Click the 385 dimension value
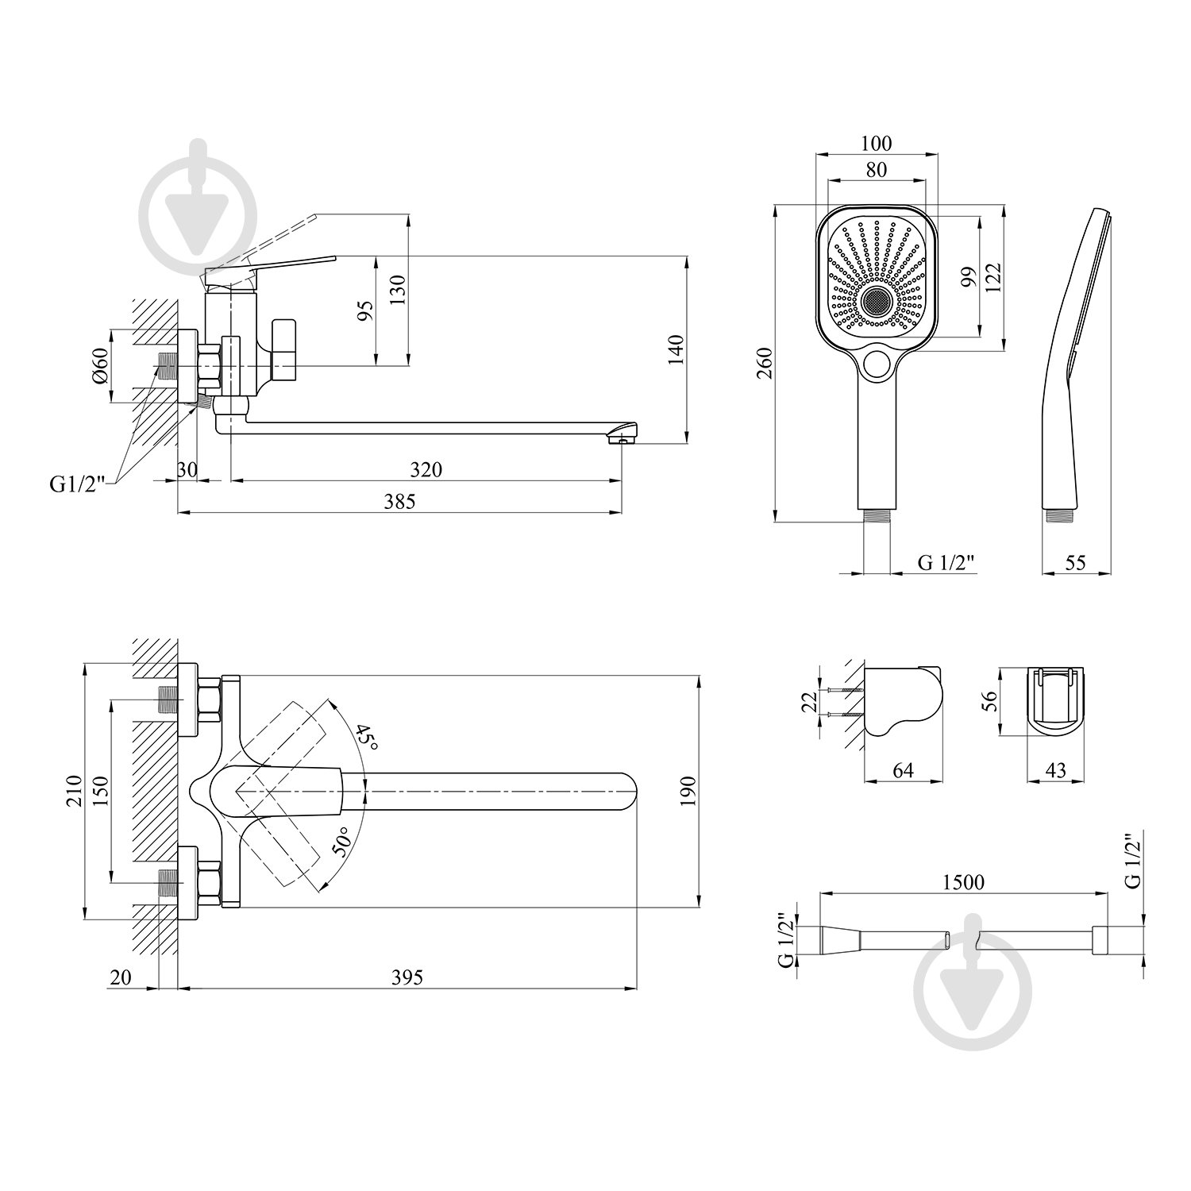coord(399,501)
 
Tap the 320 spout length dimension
coord(426,469)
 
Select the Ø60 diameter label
coord(98,367)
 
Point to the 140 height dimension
coord(675,350)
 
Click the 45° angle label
coord(364,738)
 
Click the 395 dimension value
coord(407,977)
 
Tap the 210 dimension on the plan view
coord(74,791)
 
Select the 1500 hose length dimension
coord(964,882)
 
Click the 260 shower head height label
coord(764,364)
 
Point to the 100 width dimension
coord(877,144)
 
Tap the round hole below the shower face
coord(877,364)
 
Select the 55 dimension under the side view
coord(1074,562)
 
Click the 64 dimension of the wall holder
coord(904,770)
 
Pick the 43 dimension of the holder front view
coord(1055,770)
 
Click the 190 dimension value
coord(688,791)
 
